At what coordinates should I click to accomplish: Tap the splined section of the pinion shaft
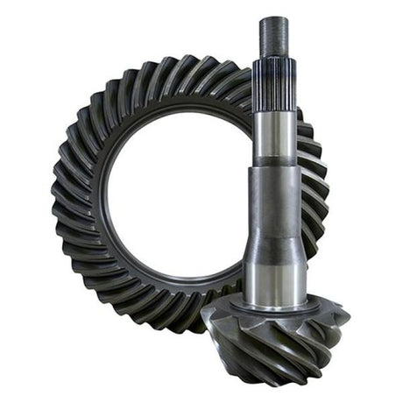273,83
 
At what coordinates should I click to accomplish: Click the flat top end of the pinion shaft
273,18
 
